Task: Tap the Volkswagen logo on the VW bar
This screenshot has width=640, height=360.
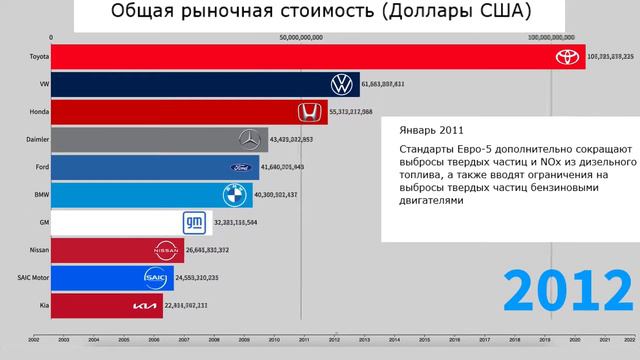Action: click(x=343, y=85)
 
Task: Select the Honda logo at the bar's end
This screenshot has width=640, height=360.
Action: click(x=311, y=112)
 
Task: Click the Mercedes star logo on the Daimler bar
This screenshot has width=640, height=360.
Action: click(x=250, y=139)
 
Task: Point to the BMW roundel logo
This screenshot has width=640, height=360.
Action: click(x=234, y=194)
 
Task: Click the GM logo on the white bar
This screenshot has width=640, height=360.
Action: click(x=195, y=222)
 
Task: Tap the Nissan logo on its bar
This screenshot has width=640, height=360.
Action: click(x=166, y=250)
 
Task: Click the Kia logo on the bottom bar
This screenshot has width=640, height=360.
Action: click(x=145, y=305)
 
